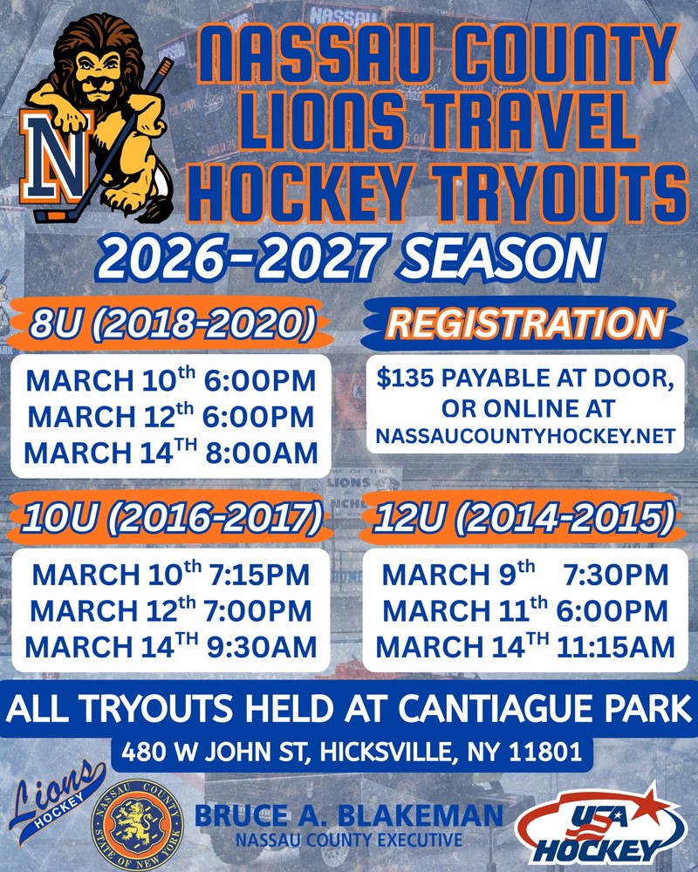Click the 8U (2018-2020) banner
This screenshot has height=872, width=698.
[x=173, y=324]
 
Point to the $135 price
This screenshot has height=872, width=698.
[x=405, y=378]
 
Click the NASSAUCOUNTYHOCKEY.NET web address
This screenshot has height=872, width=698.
[x=525, y=436]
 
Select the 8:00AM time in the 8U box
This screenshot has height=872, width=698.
[x=262, y=453]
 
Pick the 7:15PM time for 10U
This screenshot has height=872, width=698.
[x=259, y=575]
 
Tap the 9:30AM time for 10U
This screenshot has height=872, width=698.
[x=262, y=647]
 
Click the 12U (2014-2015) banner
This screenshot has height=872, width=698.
[x=523, y=518]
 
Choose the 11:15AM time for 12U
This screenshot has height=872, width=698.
[x=616, y=647]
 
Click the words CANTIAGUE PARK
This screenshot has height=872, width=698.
[x=544, y=708]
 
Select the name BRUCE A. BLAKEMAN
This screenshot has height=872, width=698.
[x=349, y=816]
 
